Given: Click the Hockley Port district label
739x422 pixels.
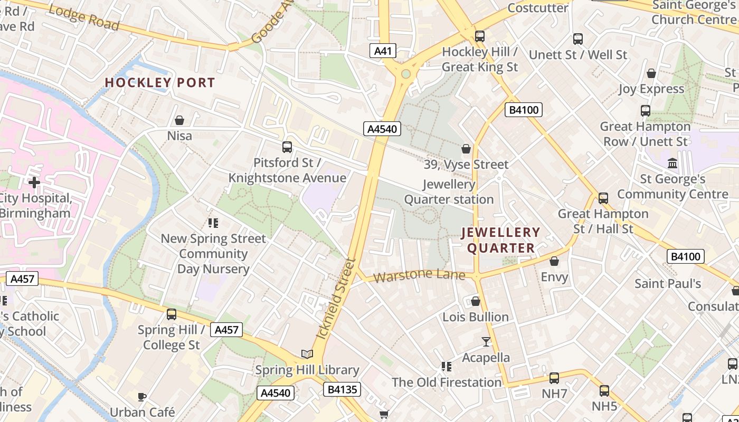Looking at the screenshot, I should (159, 83).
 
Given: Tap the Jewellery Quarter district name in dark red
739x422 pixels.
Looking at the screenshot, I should (501, 240).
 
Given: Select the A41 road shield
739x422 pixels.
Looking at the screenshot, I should (383, 51).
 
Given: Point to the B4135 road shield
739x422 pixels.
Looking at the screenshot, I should (343, 390).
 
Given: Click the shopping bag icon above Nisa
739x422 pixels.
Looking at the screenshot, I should (179, 121).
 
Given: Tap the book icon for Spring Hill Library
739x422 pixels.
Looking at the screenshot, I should (307, 354).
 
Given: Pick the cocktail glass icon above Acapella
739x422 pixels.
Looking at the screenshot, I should (486, 342).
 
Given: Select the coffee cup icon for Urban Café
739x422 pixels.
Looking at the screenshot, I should (141, 397).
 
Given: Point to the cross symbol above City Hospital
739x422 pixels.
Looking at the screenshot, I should (34, 183).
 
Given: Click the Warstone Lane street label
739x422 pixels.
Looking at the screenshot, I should (419, 275).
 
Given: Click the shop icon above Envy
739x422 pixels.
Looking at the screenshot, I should (554, 261).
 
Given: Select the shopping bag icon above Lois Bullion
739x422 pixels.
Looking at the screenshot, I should (476, 301).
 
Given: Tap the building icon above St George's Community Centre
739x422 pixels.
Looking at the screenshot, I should (672, 164).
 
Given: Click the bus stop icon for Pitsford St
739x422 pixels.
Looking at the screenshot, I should (287, 147).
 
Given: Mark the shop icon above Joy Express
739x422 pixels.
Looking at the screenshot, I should (651, 73).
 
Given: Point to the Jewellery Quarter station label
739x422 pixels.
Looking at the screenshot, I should (449, 192).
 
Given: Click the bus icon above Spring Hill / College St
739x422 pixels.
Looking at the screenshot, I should (172, 314).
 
